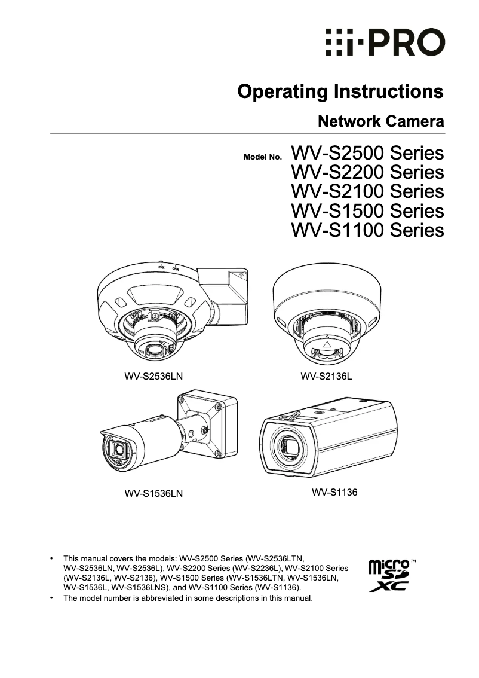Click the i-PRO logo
[x=385, y=42]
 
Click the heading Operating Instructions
[x=340, y=92]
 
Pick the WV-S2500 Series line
[x=367, y=154]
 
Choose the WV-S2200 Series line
[x=367, y=173]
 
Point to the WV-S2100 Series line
[x=367, y=192]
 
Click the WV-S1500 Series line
[x=367, y=211]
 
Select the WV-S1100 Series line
[x=367, y=230]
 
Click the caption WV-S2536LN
[x=153, y=377]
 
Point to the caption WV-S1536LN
[x=153, y=494]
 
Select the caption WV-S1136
[x=334, y=493]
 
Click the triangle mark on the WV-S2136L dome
[x=326, y=345]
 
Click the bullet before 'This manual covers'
[x=53, y=557]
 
